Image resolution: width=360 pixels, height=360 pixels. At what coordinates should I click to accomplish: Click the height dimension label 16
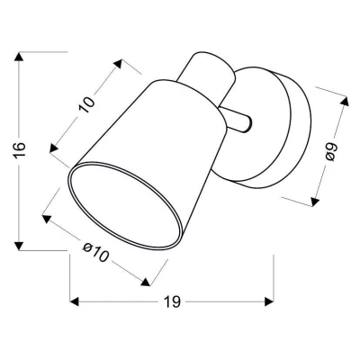point(12,148)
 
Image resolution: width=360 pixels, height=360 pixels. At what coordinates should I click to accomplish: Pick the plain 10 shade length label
point(88,104)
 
